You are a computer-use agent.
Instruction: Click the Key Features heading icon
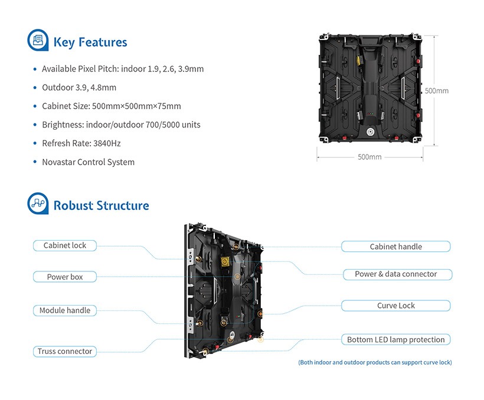pyautogui.click(x=38, y=41)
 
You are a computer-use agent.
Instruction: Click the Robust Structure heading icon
pyautogui.click(x=38, y=204)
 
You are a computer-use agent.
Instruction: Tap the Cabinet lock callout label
pyautogui.click(x=65, y=245)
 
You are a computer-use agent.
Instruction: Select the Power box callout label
pyautogui.click(x=65, y=277)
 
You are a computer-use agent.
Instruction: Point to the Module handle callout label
pyautogui.click(x=65, y=310)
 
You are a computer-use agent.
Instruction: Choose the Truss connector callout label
pyautogui.click(x=65, y=351)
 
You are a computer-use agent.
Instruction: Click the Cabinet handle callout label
pyautogui.click(x=395, y=247)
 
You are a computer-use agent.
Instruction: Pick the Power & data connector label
pyautogui.click(x=395, y=274)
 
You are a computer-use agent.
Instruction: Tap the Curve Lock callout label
pyautogui.click(x=395, y=306)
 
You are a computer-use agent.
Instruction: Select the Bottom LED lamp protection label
pyautogui.click(x=395, y=340)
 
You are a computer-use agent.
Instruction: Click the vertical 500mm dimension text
pyautogui.click(x=437, y=91)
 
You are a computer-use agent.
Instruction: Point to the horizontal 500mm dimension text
pyautogui.click(x=369, y=157)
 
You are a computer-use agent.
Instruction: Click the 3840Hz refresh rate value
pyautogui.click(x=107, y=143)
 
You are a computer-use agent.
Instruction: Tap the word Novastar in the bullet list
pyautogui.click(x=59, y=162)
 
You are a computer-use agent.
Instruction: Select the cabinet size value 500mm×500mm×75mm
pyautogui.click(x=136, y=106)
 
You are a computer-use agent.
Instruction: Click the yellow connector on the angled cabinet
pyautogui.click(x=225, y=261)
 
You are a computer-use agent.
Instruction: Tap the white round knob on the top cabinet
pyautogui.click(x=371, y=130)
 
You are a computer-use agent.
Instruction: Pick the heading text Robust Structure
pyautogui.click(x=101, y=205)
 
